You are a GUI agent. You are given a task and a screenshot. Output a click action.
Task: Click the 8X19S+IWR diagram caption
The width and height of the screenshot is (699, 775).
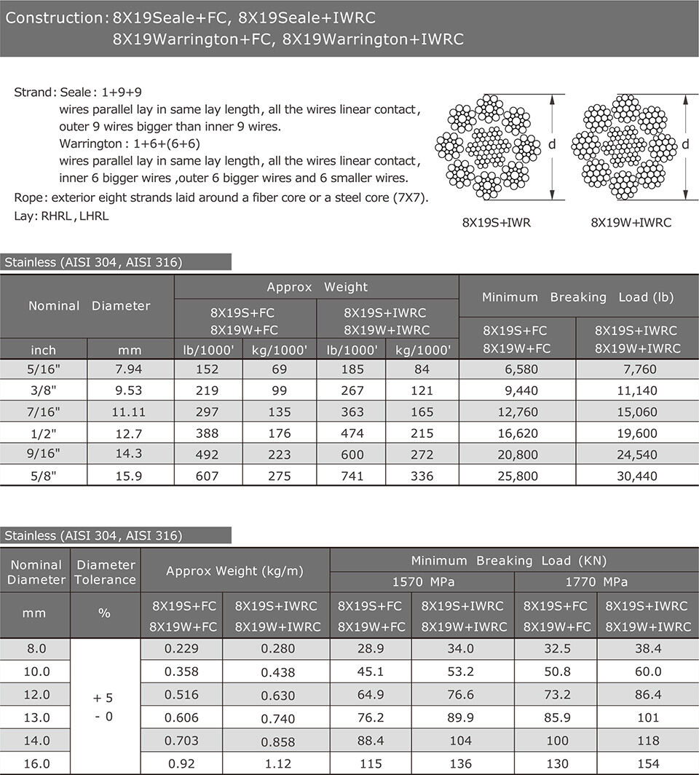tap(496, 223)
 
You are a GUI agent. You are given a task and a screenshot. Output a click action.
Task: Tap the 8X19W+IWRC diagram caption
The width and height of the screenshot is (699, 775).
tap(631, 223)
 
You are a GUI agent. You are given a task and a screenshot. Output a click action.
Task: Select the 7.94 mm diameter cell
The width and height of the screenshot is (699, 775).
tap(129, 369)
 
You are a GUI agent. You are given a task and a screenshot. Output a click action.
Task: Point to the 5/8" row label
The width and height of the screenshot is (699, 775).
tap(43, 476)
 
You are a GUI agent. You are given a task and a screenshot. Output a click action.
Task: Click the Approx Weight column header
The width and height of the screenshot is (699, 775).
tap(317, 287)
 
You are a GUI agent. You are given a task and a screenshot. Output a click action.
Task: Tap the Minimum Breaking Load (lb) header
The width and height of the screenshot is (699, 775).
tap(578, 297)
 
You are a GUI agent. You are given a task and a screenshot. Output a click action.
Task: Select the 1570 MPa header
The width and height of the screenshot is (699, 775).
tap(422, 582)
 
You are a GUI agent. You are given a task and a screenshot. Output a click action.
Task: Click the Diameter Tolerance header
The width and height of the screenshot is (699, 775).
tap(106, 573)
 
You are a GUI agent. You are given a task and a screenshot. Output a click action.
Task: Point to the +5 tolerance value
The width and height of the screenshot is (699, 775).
tap(103, 698)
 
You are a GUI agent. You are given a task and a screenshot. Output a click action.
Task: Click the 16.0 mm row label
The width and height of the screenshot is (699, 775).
tap(36, 764)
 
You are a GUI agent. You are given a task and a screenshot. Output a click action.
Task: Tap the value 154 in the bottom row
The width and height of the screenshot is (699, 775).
tap(647, 764)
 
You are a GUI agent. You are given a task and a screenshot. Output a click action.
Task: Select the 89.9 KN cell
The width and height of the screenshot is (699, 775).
tap(462, 718)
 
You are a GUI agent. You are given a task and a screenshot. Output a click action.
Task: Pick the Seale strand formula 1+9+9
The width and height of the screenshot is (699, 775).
tap(122, 93)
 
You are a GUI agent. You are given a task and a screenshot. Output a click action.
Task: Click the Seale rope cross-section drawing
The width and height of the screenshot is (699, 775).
tap(487, 146)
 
